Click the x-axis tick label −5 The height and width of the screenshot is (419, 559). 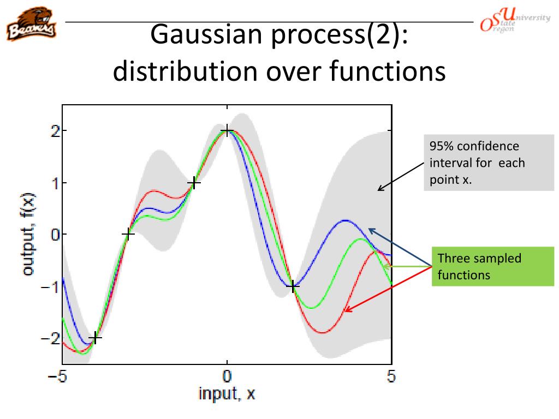coord(61,376)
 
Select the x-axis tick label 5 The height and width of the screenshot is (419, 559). coord(391,376)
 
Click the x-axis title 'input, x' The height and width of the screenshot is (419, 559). coord(227,394)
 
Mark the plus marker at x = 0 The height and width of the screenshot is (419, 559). coord(227,131)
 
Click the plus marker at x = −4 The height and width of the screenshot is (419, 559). coord(96,338)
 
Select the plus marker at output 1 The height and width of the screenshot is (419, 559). coord(194,183)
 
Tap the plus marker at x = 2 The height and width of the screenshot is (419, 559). coord(293,286)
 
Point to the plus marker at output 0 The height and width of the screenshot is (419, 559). coord(128,234)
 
